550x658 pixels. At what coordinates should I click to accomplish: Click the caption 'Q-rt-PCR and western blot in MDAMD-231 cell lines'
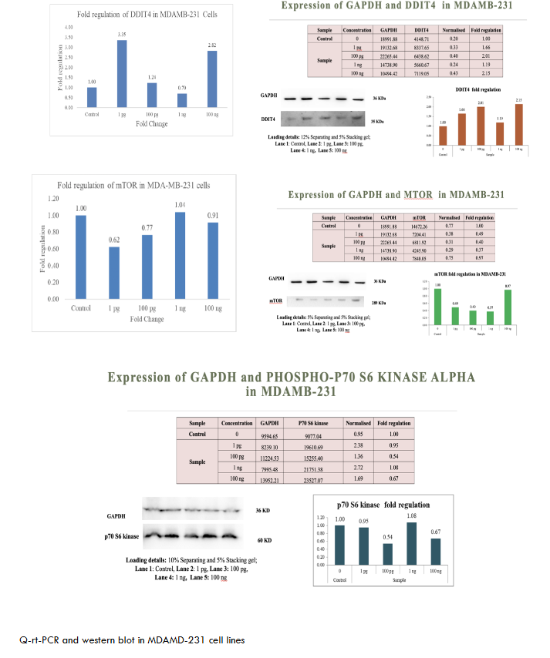tap(133, 640)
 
